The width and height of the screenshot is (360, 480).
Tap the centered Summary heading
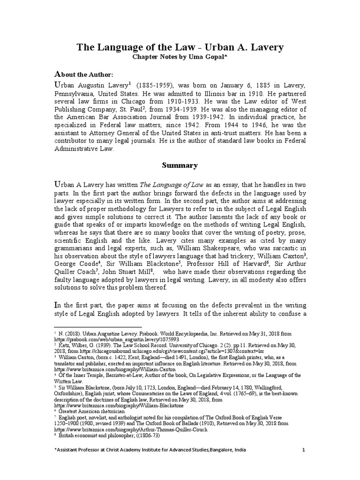pos(180,165)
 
